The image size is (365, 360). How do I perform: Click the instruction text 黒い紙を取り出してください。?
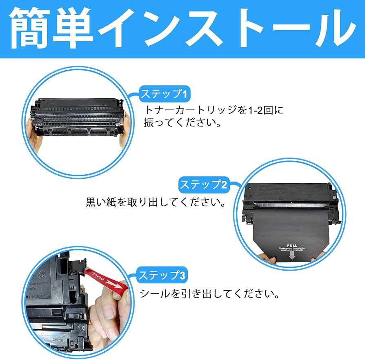(x=156, y=202)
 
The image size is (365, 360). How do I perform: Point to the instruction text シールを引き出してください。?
(x=209, y=293)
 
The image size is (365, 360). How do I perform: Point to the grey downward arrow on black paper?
(x=292, y=256)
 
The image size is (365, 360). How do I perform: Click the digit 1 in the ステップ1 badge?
(x=185, y=95)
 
